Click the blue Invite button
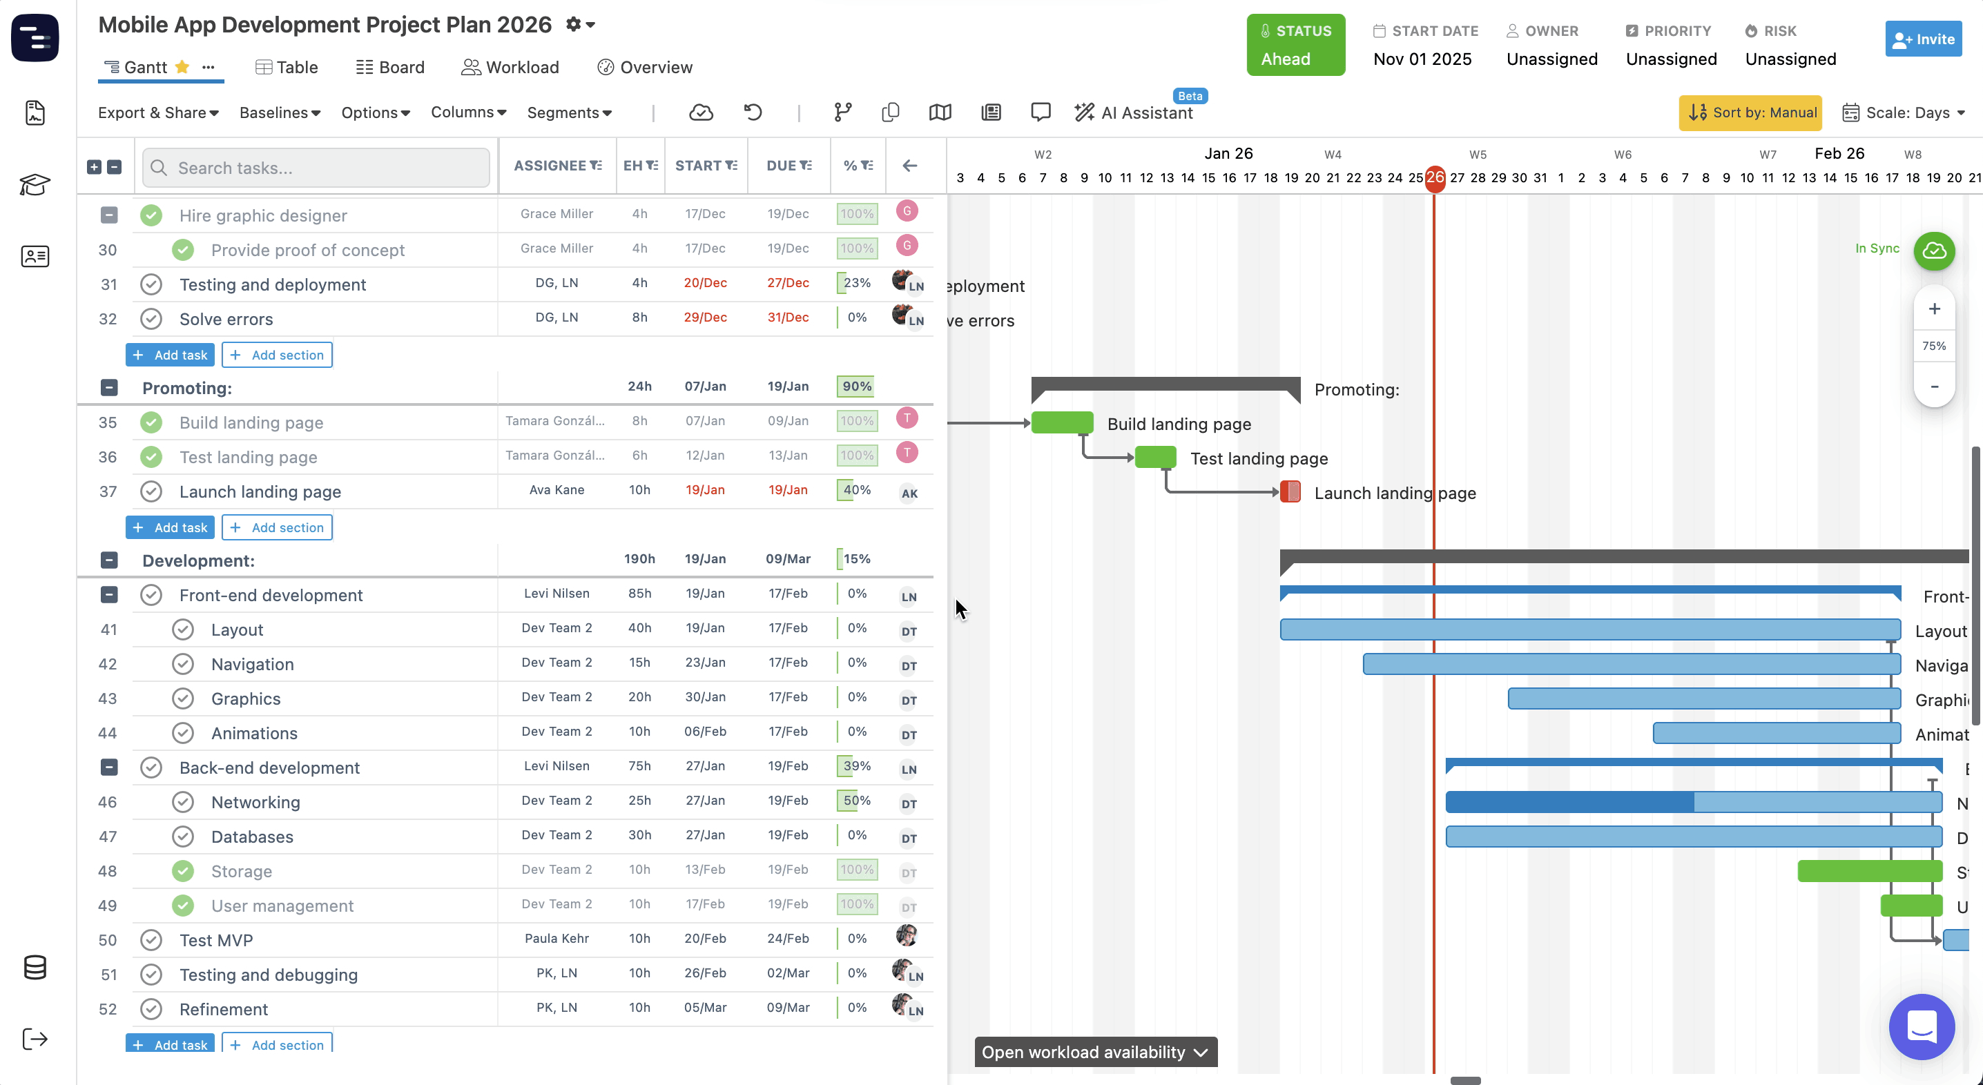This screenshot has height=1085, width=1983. pos(1922,39)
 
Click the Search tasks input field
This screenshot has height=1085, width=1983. pos(316,168)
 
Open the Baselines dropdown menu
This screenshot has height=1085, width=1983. pos(280,113)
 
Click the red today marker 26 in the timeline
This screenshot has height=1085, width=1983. pos(1435,178)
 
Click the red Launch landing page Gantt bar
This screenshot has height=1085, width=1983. pos(1290,491)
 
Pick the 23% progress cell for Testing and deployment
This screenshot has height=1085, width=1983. pos(857,283)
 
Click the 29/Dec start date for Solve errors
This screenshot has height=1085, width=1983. pos(705,317)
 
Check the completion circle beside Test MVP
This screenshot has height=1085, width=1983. pos(152,939)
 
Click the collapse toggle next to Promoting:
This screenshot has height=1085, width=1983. pos(109,388)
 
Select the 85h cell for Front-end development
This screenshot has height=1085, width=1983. pos(639,594)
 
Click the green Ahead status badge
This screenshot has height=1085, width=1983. pos(1295,46)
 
